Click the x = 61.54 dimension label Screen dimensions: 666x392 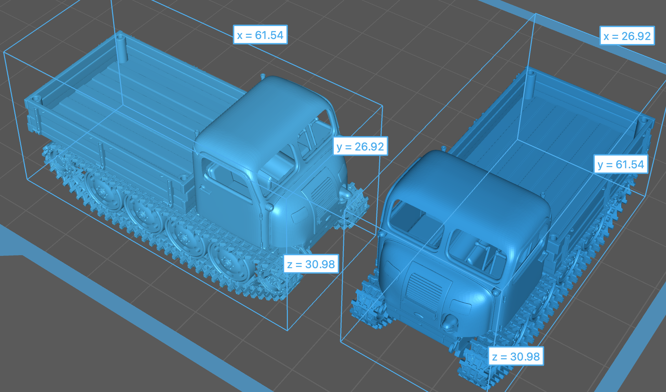(260, 35)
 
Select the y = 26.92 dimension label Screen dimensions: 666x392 (360, 146)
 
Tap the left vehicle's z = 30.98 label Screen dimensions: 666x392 (311, 264)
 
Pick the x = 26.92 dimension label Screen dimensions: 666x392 (627, 36)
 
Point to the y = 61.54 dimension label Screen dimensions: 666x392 (621, 165)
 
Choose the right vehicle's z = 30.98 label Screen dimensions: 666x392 (516, 356)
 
